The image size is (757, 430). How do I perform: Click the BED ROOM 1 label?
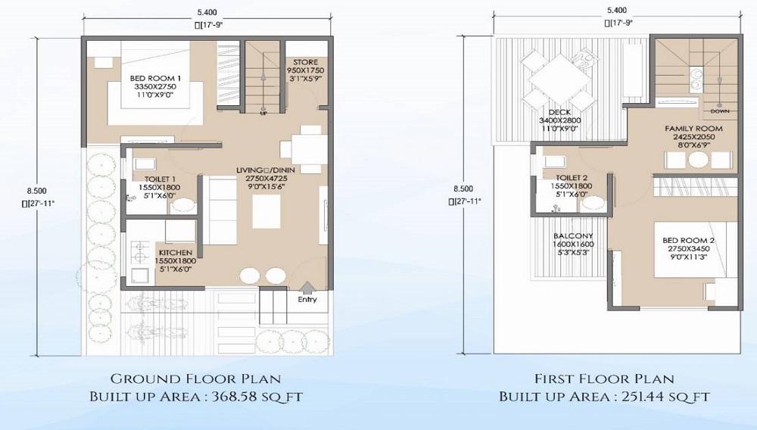point(155,78)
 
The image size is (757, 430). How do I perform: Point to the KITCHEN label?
point(175,252)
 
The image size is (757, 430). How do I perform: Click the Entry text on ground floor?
point(307,300)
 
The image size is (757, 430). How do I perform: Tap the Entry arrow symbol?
point(307,286)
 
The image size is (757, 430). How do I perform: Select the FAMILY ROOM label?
point(693,129)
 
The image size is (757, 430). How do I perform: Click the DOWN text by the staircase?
point(720,111)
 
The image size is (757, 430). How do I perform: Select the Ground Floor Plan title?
point(196,379)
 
